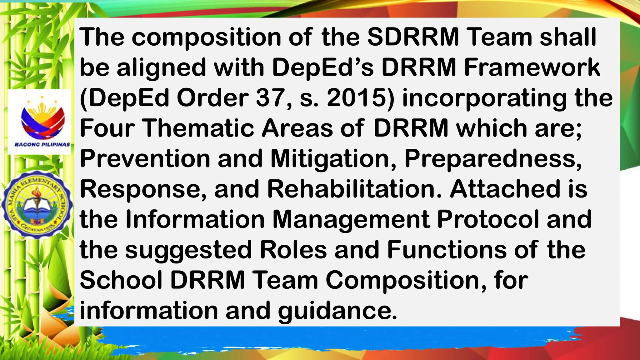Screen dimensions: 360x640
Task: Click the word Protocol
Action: coord(488,219)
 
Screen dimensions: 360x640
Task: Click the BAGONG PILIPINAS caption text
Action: coord(42,145)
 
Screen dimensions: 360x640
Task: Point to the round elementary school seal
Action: coord(37,205)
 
